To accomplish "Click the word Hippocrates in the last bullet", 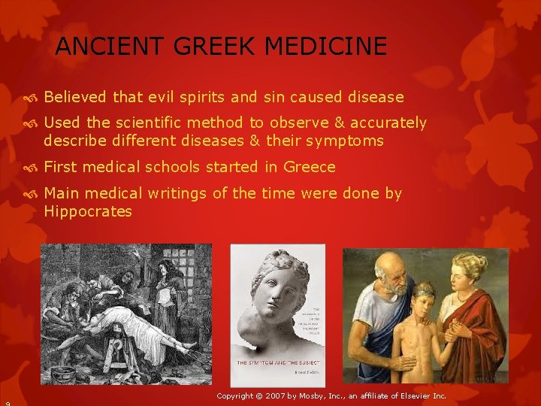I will coord(88,211).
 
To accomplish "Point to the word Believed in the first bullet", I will coord(76,97).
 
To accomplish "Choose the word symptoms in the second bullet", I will coord(349,141).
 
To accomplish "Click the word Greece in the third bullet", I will coord(310,167).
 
